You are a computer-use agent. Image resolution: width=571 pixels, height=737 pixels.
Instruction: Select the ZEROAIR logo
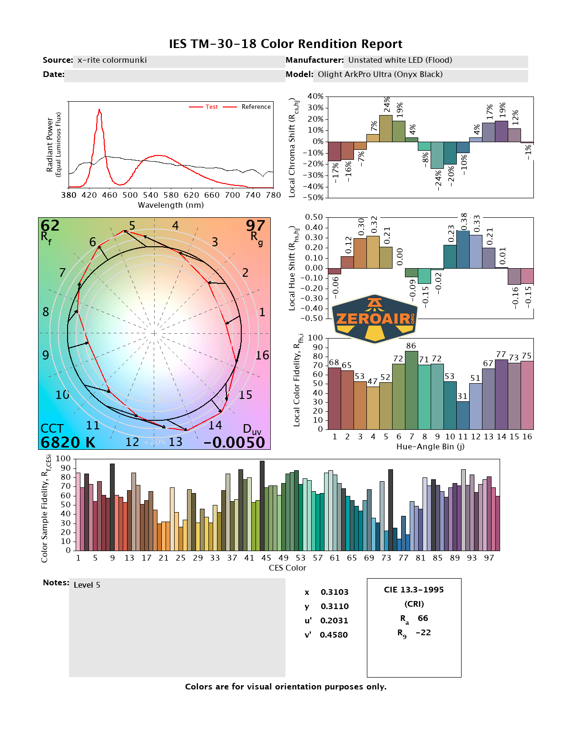(x=374, y=319)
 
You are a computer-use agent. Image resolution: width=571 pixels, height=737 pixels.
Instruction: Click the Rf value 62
(x=50, y=225)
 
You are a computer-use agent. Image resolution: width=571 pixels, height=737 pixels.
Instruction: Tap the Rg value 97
(x=256, y=225)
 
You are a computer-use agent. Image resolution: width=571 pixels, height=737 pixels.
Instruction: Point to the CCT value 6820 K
(x=68, y=443)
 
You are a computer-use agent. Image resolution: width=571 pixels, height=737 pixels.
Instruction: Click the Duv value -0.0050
(x=234, y=443)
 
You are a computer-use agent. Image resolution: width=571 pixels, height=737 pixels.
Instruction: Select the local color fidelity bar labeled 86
(x=412, y=390)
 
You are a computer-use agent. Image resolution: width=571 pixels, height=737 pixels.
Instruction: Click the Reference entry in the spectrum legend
(x=256, y=107)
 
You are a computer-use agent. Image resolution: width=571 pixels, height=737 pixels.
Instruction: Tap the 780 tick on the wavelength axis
(x=274, y=195)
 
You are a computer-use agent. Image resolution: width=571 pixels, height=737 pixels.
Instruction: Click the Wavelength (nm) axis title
(x=171, y=205)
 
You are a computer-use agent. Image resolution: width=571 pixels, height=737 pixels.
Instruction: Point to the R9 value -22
(x=423, y=633)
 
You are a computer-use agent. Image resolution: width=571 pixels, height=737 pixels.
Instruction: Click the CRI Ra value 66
(x=423, y=619)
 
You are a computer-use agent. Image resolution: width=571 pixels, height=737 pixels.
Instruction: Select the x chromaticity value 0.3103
(x=335, y=592)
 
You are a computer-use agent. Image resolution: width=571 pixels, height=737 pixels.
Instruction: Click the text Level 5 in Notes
(x=87, y=585)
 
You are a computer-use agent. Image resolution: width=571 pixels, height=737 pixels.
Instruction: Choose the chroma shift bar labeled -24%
(x=437, y=155)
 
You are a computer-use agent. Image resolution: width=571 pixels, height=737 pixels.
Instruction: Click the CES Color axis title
(x=287, y=568)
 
